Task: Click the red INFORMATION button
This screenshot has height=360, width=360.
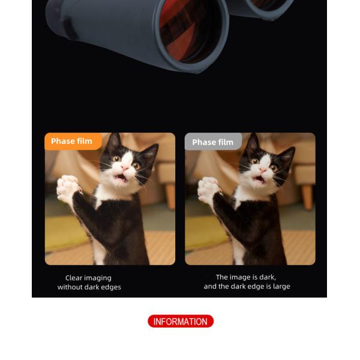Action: click(x=181, y=321)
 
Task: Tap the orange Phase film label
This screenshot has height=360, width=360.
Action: click(x=73, y=141)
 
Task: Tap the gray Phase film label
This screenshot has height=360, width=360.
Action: click(x=213, y=142)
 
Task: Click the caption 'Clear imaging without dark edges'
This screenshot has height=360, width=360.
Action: click(x=89, y=283)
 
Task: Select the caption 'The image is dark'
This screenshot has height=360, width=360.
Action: click(x=245, y=277)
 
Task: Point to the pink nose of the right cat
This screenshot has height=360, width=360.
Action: click(x=263, y=169)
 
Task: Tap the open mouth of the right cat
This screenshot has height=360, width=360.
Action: click(x=260, y=179)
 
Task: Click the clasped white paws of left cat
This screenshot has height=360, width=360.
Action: click(x=67, y=186)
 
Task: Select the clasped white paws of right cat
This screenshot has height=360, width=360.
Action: click(x=208, y=187)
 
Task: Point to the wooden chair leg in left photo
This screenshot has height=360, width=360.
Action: click(x=170, y=196)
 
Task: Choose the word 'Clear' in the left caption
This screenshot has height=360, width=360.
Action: click(x=73, y=278)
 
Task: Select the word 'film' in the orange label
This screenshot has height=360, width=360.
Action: click(x=85, y=141)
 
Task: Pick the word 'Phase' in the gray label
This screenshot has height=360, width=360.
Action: click(x=203, y=142)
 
